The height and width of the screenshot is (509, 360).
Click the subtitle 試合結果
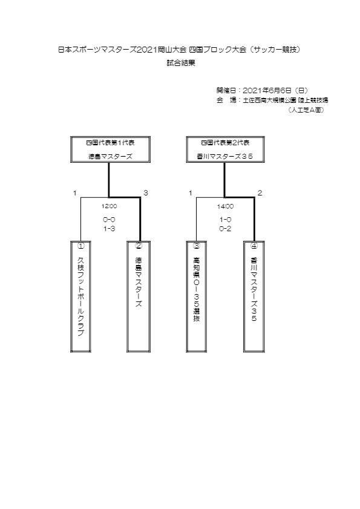(181, 64)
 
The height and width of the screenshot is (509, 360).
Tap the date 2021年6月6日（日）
(275, 91)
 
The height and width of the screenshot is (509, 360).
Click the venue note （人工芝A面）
(306, 110)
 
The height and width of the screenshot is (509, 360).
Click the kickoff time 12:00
(109, 206)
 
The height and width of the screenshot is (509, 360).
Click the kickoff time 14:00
(225, 206)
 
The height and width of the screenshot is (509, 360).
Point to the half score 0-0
(109, 220)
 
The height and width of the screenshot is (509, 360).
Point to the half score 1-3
(109, 229)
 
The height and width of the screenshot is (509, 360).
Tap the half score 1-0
(225, 220)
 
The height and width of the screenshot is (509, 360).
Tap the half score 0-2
(225, 229)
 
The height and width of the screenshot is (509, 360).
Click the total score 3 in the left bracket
(146, 193)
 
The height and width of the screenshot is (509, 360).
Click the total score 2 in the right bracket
(260, 193)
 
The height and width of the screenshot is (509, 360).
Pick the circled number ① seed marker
(80, 246)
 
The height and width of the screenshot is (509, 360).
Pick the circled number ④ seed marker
(254, 246)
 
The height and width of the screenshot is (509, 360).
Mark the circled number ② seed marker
(139, 246)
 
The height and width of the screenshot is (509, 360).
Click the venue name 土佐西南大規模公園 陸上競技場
(286, 100)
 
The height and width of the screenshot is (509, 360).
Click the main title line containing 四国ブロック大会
(180, 50)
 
